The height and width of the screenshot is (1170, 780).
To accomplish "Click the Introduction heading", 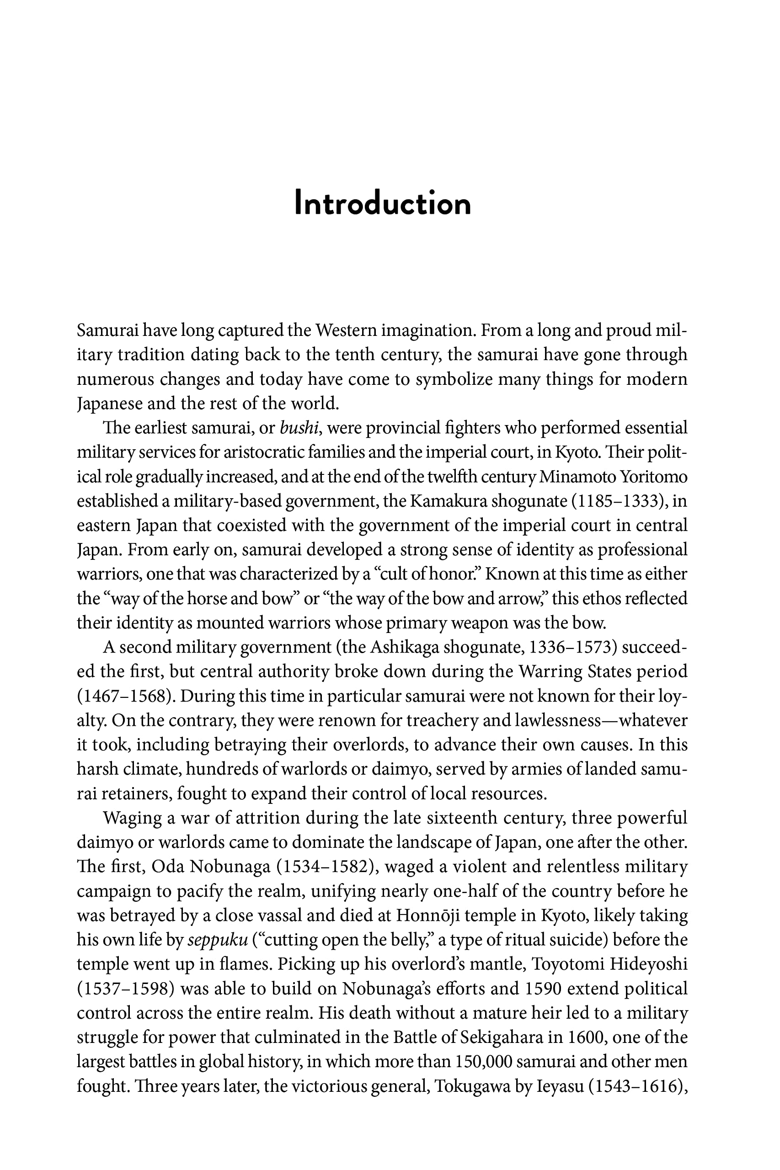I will click(x=383, y=203).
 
